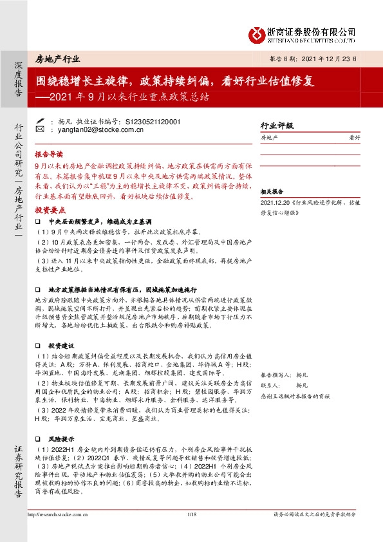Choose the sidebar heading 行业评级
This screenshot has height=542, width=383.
276,126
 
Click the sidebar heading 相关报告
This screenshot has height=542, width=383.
272,192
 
